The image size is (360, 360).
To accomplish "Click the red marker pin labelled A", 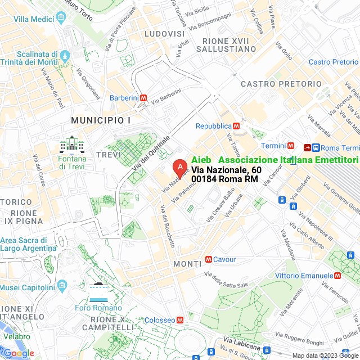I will click(x=179, y=168).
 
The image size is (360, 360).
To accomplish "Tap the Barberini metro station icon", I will click(x=144, y=98).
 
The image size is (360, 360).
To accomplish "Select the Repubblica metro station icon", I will click(x=237, y=126).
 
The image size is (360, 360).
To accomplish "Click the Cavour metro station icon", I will click(x=209, y=259).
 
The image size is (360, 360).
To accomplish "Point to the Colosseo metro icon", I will click(x=180, y=319).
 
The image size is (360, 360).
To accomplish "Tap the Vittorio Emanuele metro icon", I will click(x=337, y=276).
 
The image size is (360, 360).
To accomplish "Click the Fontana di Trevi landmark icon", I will click(x=72, y=145).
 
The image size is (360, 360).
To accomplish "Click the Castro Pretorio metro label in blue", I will click(x=334, y=62).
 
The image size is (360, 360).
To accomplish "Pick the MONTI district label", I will click(x=187, y=264).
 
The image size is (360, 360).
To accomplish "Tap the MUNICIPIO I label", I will click(x=101, y=120).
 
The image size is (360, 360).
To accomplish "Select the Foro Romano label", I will click(x=98, y=308).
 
